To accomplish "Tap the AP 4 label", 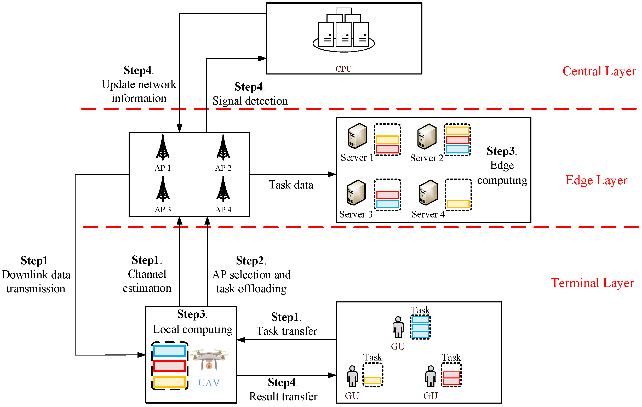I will (223, 209).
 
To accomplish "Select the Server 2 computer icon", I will (427, 136).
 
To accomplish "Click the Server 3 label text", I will (356, 214).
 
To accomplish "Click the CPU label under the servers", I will (343, 69).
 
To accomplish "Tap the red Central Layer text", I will (599, 71).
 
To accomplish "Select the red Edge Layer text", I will (596, 180).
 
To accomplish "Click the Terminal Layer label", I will (592, 283).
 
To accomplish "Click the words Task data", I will (291, 185).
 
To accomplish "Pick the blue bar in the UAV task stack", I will (170, 351).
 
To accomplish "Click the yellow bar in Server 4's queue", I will (458, 204).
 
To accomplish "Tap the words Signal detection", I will (250, 101).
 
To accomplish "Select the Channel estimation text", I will (147, 281).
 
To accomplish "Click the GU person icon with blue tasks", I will (398, 327).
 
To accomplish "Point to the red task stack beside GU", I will (451, 378).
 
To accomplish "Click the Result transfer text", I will (283, 397).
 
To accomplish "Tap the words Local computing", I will (192, 330).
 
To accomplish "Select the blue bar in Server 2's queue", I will (457, 149).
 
